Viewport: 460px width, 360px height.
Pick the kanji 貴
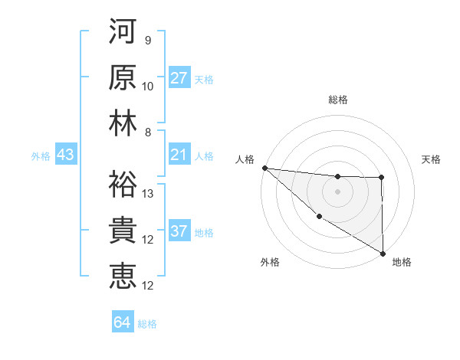123,228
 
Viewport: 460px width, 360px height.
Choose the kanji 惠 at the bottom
123,273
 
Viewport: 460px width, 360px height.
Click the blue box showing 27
179,78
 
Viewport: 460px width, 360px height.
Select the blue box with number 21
179,155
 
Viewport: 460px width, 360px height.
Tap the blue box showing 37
179,232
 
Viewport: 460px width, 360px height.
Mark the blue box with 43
65,155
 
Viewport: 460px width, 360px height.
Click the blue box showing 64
123,322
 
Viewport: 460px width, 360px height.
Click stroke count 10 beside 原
148,86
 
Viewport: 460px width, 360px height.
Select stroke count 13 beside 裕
148,193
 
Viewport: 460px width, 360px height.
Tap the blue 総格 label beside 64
147,324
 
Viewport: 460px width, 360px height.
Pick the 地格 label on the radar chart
402,262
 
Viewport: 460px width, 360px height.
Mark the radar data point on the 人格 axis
264,168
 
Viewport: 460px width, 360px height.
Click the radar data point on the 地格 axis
382,253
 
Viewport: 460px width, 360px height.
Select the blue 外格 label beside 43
41,156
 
